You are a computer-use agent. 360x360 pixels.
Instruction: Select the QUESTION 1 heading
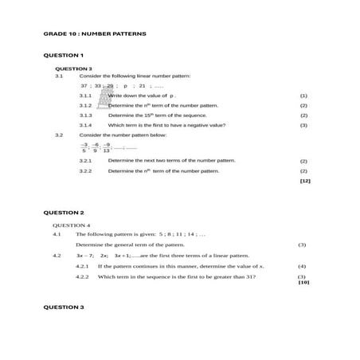point(63,55)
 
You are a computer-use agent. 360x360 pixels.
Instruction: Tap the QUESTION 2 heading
point(63,213)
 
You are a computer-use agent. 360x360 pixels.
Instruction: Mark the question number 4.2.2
point(81,276)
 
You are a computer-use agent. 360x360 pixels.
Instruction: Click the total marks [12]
point(304,181)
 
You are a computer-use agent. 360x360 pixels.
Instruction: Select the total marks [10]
point(303,282)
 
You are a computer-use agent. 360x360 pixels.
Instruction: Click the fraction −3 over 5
point(84,147)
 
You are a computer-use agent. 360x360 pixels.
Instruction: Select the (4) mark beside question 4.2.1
point(302,266)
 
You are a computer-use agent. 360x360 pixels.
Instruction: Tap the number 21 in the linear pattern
point(142,85)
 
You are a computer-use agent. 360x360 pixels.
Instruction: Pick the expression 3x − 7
point(84,256)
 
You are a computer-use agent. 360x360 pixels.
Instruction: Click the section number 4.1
point(57,235)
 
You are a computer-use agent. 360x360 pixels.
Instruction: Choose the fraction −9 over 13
point(106,147)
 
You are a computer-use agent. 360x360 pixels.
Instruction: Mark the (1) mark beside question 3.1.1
point(303,96)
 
